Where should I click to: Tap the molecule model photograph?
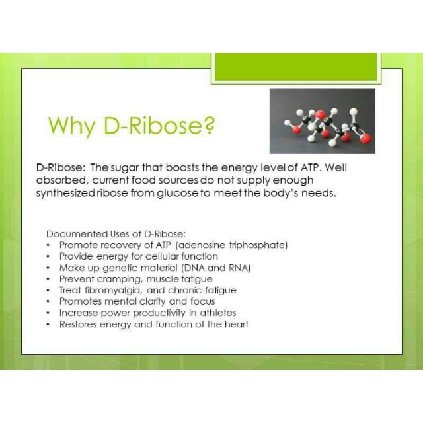322,120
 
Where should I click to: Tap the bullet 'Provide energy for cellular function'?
138,256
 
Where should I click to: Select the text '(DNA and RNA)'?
219,268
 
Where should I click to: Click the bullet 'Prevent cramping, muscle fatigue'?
135,279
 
